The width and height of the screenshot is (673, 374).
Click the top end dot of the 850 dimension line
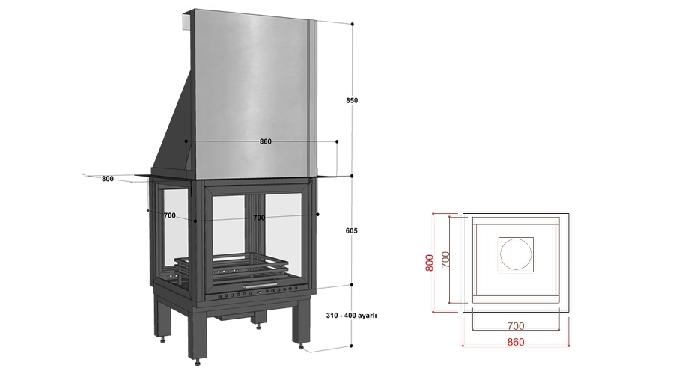[353, 25]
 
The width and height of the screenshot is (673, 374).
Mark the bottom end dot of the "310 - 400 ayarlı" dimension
[352, 346]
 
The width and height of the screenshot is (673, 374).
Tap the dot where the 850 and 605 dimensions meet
[352, 176]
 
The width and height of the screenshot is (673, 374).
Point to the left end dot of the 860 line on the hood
[186, 141]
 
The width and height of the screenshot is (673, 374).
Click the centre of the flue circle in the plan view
[516, 254]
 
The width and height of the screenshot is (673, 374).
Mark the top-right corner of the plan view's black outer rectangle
[569, 213]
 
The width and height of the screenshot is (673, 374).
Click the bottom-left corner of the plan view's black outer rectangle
[463, 310]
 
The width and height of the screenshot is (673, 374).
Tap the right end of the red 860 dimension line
[569, 346]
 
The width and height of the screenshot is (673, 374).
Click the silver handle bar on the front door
[260, 285]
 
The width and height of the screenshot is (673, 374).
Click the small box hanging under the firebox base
[234, 317]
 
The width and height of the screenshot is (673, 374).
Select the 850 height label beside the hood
[352, 100]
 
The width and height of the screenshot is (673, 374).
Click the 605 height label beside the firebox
[352, 230]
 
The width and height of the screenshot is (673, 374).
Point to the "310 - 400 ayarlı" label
[352, 315]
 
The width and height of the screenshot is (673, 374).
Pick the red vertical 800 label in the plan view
[430, 263]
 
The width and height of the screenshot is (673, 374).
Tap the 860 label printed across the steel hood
[266, 141]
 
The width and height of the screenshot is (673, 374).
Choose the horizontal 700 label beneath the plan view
[516, 326]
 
